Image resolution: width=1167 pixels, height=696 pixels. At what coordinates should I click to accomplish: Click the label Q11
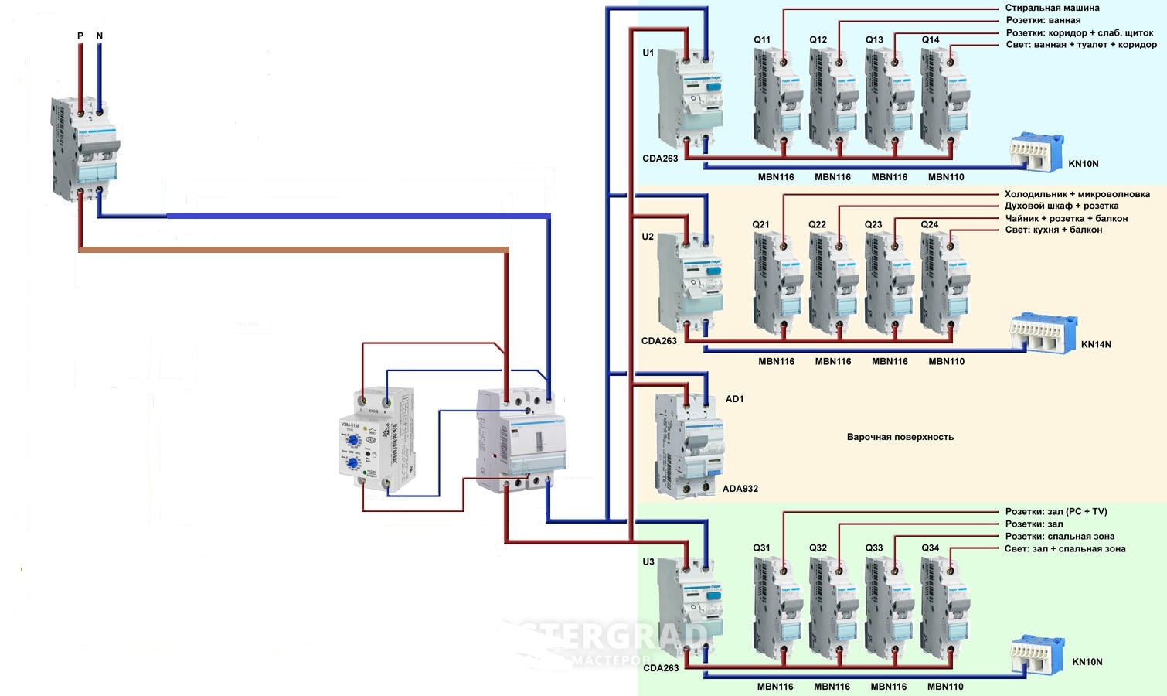point(762,39)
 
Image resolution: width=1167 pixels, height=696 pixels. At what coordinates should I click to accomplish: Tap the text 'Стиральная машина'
point(1052,8)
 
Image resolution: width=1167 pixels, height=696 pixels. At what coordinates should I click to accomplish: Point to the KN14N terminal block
point(1043,334)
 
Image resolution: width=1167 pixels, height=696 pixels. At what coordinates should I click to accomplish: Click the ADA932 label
point(740,489)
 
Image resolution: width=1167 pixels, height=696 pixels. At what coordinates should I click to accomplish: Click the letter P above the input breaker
point(80,36)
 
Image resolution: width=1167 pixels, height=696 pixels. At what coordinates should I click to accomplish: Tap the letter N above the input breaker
point(100,36)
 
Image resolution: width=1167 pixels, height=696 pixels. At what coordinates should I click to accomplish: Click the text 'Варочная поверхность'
point(900,437)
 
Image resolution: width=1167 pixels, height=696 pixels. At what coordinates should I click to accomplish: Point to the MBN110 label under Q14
point(946,177)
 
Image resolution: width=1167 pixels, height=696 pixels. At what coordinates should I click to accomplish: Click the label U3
point(648,561)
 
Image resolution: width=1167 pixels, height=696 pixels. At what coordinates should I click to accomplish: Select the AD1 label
point(734,399)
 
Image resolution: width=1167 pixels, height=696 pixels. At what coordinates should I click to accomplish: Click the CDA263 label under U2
point(659,341)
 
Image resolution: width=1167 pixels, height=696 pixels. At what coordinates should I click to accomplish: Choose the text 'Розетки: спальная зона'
point(1060,537)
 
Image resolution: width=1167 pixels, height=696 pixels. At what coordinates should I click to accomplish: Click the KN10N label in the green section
point(1087,662)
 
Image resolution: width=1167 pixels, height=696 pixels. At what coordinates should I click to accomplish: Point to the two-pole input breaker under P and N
point(85,148)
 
